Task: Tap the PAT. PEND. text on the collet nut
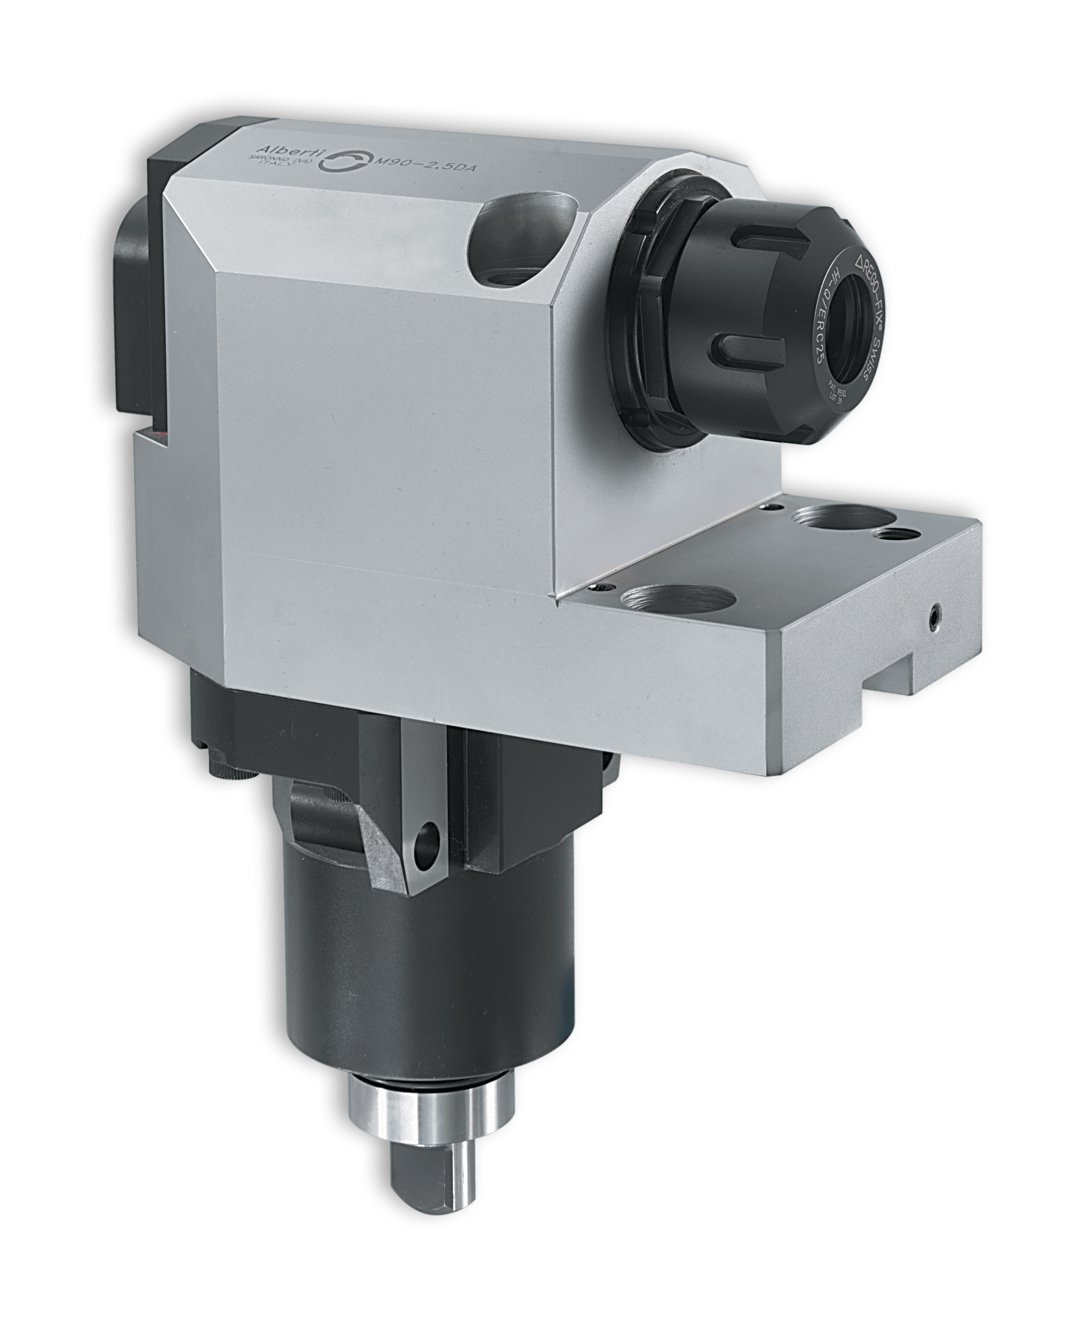point(839,391)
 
